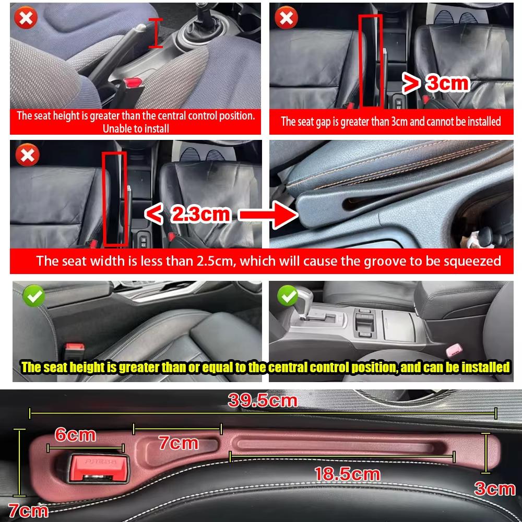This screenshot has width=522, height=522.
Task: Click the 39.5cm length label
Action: coord(262,401)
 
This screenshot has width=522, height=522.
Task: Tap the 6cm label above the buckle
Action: coord(75,435)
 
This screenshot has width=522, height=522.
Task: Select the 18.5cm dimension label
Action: coord(347,474)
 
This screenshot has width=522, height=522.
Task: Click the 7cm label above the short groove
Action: coord(179,443)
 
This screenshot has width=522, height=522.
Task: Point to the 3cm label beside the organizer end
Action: coord(494,489)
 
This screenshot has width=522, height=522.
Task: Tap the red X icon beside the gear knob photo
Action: coord(25,19)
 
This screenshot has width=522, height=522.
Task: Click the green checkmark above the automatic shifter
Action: coord(287,296)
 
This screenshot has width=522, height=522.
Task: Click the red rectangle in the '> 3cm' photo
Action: coord(370,61)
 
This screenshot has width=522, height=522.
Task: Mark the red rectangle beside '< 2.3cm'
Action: coord(114,198)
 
